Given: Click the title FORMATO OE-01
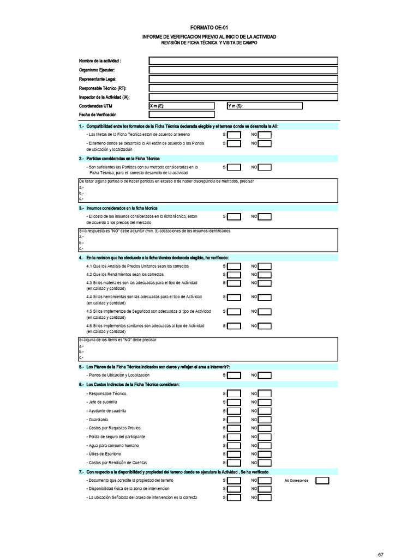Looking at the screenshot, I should pyautogui.click(x=209, y=27).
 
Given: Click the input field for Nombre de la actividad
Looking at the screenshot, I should pyautogui.click(x=243, y=60).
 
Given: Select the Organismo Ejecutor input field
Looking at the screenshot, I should pyautogui.click(x=243, y=70).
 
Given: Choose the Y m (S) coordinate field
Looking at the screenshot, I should pyautogui.click(x=282, y=106).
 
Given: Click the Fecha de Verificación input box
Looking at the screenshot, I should pyautogui.click(x=182, y=114).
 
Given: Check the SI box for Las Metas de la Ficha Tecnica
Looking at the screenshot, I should pyautogui.click(x=234, y=135).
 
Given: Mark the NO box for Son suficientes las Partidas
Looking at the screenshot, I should pyautogui.click(x=265, y=168).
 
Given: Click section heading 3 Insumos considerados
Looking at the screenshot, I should pyautogui.click(x=118, y=208).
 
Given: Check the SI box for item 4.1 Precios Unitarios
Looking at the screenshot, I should pyautogui.click(x=234, y=266).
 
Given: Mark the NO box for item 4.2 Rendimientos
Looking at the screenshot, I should pyautogui.click(x=265, y=275).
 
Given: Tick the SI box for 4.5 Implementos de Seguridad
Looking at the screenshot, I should pyautogui.click(x=234, y=312).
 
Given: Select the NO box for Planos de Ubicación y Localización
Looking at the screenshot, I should pyautogui.click(x=265, y=375).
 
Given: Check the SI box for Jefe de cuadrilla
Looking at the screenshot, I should pyautogui.click(x=234, y=402).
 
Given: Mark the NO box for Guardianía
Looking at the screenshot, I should pyautogui.click(x=265, y=420).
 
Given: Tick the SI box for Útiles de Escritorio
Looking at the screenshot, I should pyautogui.click(x=234, y=454).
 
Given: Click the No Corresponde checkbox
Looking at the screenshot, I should pyautogui.click(x=322, y=481).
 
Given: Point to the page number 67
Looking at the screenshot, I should pyautogui.click(x=381, y=554).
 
